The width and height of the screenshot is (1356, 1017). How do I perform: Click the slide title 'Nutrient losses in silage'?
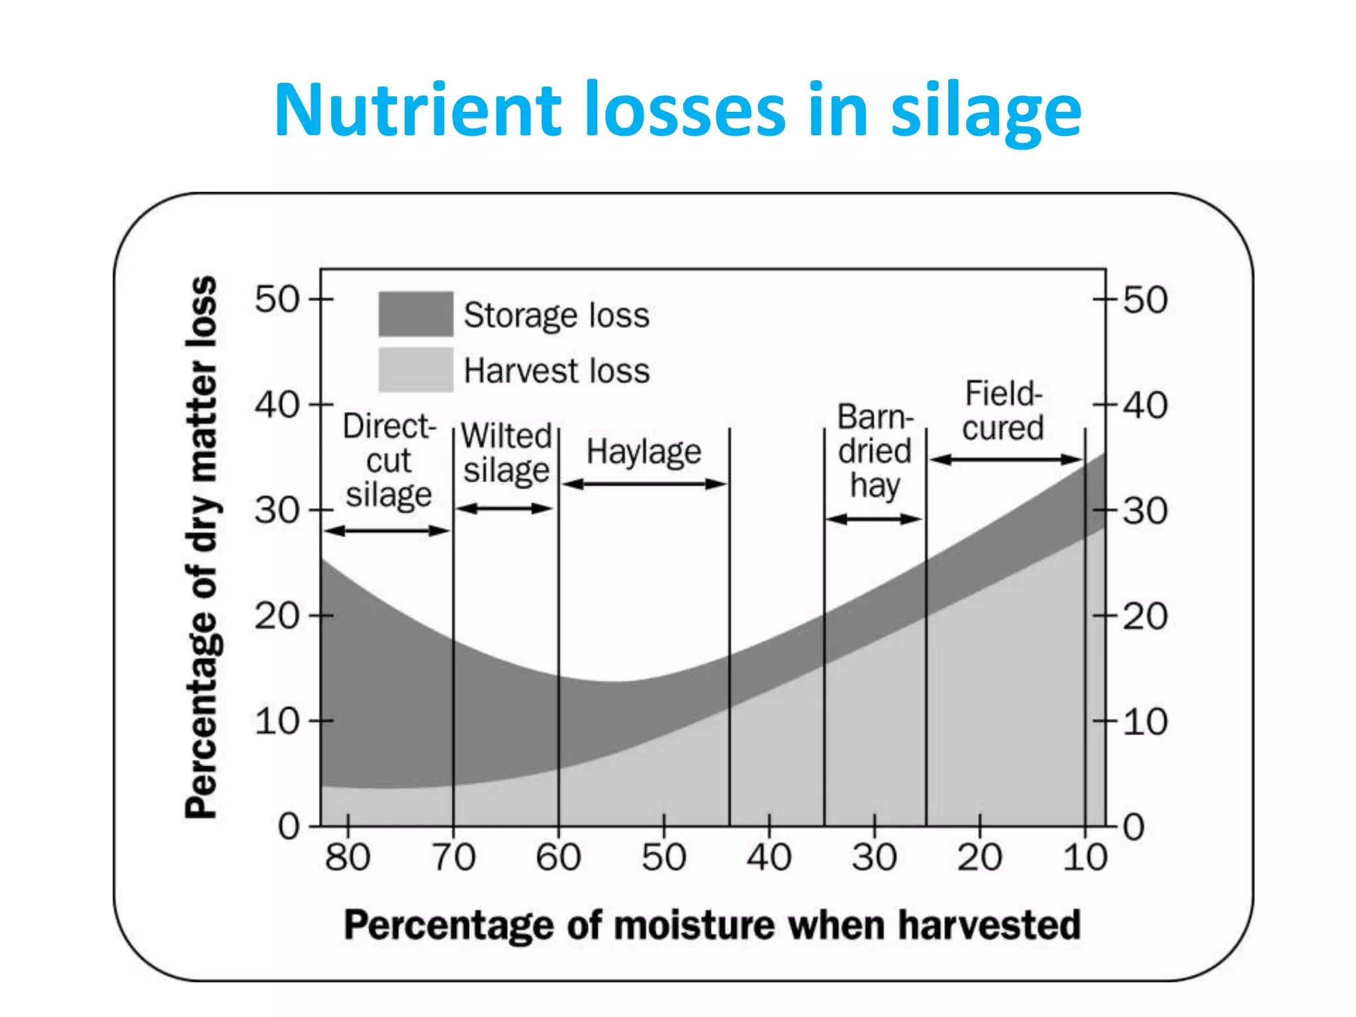pyautogui.click(x=677, y=109)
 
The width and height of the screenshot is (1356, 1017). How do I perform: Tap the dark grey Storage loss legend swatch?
pyautogui.click(x=416, y=314)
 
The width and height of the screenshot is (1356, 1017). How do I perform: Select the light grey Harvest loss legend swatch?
pyautogui.click(x=416, y=369)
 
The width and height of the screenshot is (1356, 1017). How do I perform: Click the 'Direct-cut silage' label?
pyautogui.click(x=389, y=460)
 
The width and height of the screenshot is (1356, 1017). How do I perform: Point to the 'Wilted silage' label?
pyautogui.click(x=507, y=453)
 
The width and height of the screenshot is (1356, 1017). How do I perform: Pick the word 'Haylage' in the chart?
pyautogui.click(x=644, y=452)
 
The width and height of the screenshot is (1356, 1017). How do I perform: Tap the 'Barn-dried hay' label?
pyautogui.click(x=875, y=452)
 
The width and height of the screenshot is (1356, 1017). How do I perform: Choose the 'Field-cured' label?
pyautogui.click(x=1003, y=411)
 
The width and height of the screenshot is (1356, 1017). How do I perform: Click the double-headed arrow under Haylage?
pyautogui.click(x=644, y=484)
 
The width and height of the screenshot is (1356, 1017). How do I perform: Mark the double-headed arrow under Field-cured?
pyautogui.click(x=1006, y=460)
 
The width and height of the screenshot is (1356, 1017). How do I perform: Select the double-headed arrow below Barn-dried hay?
pyautogui.click(x=874, y=519)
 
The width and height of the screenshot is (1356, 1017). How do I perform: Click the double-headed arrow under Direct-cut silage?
pyautogui.click(x=388, y=530)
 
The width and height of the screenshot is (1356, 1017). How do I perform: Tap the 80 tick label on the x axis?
pyautogui.click(x=348, y=857)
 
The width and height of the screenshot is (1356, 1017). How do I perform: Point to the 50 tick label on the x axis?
pyautogui.click(x=663, y=857)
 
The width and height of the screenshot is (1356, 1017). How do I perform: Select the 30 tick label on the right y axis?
pyautogui.click(x=1145, y=511)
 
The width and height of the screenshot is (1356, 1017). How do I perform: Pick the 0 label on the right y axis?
pyautogui.click(x=1134, y=827)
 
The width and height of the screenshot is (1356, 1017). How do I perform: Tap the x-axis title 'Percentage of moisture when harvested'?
pyautogui.click(x=712, y=925)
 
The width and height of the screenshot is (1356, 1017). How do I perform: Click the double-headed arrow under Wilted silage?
pyautogui.click(x=505, y=508)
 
